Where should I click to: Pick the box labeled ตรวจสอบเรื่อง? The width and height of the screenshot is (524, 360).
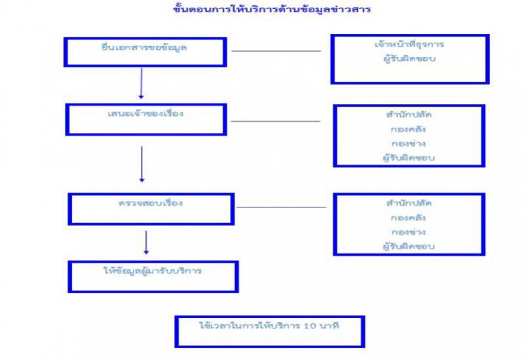(151, 208)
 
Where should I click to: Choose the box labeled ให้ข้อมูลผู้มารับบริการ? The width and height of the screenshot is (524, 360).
(153, 276)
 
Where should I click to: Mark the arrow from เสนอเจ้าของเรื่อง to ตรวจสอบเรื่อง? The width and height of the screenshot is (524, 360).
(141, 164)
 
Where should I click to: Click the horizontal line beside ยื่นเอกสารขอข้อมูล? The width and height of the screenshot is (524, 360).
(276, 51)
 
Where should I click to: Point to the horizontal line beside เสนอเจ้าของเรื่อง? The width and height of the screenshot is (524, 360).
(275, 121)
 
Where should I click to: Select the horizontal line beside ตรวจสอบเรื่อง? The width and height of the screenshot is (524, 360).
(281, 207)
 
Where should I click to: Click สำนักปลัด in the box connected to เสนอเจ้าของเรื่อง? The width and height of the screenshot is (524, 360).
(409, 115)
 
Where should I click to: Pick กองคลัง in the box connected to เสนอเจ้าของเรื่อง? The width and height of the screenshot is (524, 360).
(409, 129)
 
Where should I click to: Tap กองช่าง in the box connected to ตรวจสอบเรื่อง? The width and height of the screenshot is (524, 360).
(409, 232)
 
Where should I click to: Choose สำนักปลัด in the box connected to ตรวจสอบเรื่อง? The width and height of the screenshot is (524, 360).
(409, 203)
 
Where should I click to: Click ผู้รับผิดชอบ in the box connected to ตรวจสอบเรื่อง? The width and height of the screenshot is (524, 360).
(409, 247)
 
